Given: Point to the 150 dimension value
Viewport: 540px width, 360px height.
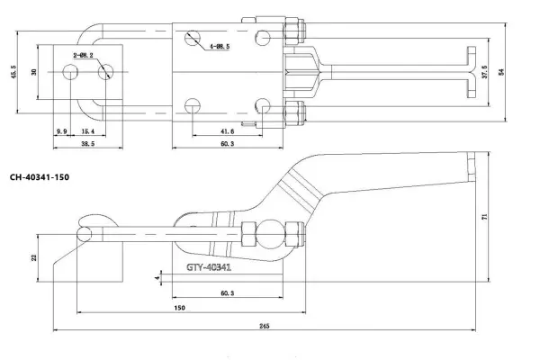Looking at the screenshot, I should (x=181, y=308).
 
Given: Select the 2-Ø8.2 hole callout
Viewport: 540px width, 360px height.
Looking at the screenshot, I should (x=83, y=55).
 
